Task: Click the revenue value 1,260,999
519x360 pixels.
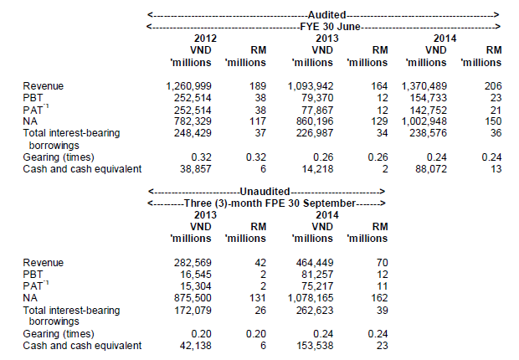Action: coord(188,86)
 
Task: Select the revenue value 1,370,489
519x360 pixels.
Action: coord(424,86)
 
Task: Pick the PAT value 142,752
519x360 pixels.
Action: coord(429,110)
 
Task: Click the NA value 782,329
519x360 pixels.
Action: coord(193,121)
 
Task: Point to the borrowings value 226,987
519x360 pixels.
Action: coord(315,133)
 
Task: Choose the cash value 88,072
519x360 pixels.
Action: coord(431,169)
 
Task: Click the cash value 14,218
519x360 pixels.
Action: coord(317,169)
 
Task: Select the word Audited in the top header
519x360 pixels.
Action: coord(327,15)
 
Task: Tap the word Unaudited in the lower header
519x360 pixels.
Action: coord(265,192)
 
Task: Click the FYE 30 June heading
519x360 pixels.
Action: coord(330,27)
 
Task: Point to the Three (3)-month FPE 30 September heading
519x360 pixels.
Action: coord(270,203)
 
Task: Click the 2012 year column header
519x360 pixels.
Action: coord(205,39)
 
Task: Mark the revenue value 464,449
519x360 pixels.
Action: coord(315,263)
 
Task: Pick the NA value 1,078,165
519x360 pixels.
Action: coord(311,298)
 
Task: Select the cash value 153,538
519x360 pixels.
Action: coord(315,346)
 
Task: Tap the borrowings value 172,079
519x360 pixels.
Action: coord(193,311)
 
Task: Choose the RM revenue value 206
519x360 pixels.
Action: coord(493,86)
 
